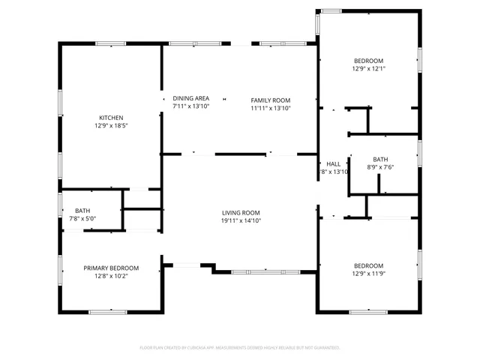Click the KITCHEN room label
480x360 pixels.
(111, 118)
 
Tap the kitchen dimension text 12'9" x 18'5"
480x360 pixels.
(111, 127)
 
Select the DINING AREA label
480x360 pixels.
(190, 98)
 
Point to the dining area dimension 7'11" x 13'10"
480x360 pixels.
(190, 106)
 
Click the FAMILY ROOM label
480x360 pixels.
(270, 100)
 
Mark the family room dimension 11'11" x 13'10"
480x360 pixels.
(270, 108)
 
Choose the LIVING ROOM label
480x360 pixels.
(240, 212)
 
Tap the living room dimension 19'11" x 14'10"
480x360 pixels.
(240, 220)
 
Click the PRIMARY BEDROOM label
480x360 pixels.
(111, 268)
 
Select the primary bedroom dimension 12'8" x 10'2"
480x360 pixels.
(111, 276)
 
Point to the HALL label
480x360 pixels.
(333, 163)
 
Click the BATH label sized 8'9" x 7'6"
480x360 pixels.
(380, 159)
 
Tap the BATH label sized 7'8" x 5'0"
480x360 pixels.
(82, 211)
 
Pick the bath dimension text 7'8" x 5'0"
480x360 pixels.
(82, 219)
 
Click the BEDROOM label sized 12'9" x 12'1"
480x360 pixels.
(368, 61)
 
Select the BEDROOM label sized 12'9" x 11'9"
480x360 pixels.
(368, 265)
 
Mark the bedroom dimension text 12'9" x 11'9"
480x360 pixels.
(368, 274)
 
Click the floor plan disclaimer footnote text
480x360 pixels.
(240, 347)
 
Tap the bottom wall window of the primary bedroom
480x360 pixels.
(108, 311)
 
